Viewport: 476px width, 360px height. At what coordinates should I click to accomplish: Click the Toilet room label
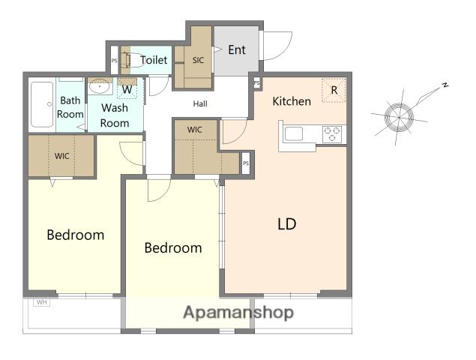pos(154,60)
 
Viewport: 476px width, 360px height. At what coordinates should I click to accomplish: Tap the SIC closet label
pos(198,60)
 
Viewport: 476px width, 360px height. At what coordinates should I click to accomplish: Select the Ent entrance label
pos(237,49)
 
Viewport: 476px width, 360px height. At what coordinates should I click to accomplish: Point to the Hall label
pos(200,104)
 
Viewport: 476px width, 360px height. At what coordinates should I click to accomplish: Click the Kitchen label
pos(292,101)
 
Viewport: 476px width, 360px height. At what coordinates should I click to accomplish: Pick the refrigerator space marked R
pos(334,90)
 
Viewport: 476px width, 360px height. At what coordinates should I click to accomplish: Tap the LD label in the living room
pos(287,224)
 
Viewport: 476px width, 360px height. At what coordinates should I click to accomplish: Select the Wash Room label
pos(115,115)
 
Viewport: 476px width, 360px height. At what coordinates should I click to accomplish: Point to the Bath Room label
pos(70,107)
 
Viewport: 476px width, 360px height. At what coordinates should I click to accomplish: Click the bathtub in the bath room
pos(42,104)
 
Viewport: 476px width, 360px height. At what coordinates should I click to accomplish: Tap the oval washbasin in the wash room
pos(99,86)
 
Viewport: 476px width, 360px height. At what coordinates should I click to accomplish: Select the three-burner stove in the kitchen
pos(332,134)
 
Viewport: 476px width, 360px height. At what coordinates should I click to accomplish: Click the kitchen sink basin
pos(294,134)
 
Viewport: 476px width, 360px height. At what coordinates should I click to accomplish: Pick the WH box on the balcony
pos(41,302)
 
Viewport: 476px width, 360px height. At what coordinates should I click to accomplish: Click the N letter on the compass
pos(445,85)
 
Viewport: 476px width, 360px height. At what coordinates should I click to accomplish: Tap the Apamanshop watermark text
pos(238,312)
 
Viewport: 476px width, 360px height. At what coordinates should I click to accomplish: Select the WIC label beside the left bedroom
pos(62,156)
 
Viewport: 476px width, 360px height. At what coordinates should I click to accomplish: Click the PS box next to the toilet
pos(114,61)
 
